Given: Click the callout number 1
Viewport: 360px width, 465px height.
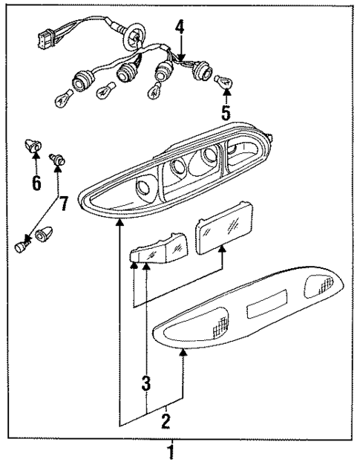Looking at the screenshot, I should point(171,451).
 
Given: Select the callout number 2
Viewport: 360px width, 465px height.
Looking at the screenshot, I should point(166,421).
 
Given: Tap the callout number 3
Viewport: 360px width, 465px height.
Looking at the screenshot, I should point(146,384).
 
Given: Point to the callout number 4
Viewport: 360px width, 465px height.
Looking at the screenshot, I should point(179,28).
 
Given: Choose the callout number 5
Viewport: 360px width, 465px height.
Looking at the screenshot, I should point(226,113).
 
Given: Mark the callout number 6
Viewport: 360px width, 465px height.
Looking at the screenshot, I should point(35,183).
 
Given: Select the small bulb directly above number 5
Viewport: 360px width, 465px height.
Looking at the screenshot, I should point(224,82).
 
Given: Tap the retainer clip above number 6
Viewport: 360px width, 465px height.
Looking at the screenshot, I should point(32,147).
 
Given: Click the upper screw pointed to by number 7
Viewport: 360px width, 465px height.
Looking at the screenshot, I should point(57,158).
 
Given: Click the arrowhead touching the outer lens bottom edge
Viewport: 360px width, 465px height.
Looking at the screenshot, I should point(183,356).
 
